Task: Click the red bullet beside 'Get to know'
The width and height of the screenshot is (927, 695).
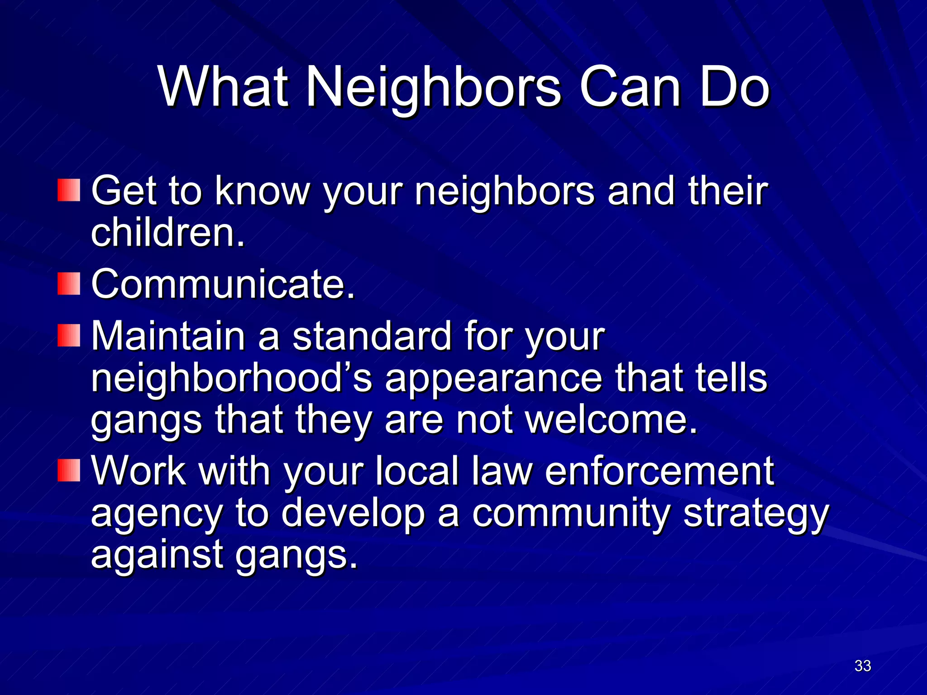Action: (69, 190)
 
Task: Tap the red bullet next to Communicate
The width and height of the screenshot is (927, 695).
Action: (69, 284)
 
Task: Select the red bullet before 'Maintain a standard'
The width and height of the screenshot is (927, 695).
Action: (69, 336)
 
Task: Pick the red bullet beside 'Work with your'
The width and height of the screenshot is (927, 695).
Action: (69, 471)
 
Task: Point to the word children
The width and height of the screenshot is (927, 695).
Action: (167, 233)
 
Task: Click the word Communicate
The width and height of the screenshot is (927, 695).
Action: (223, 284)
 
